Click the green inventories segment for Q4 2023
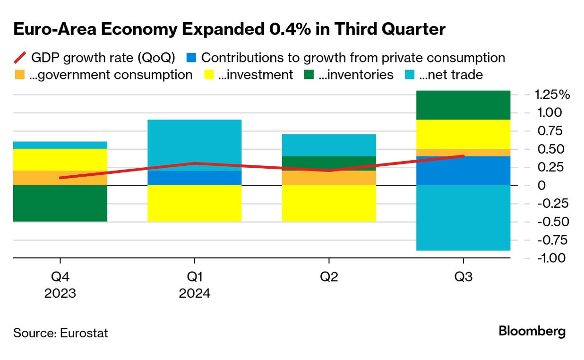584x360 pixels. (60, 203)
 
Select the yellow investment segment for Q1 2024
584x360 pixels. (194, 203)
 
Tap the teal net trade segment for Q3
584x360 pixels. (463, 218)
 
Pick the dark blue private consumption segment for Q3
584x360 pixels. (463, 171)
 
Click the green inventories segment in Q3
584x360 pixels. (463, 105)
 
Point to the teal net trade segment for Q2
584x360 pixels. (329, 145)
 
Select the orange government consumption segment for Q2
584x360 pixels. (329, 178)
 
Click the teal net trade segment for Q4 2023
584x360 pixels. (60, 145)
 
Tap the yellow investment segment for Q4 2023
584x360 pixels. (60, 160)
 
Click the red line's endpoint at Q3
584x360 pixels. (463, 156)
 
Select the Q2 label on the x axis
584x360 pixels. (329, 277)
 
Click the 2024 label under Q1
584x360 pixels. (194, 293)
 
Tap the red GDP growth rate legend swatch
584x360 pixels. (19, 58)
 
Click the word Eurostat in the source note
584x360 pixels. (84, 333)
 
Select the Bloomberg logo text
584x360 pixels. (532, 332)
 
